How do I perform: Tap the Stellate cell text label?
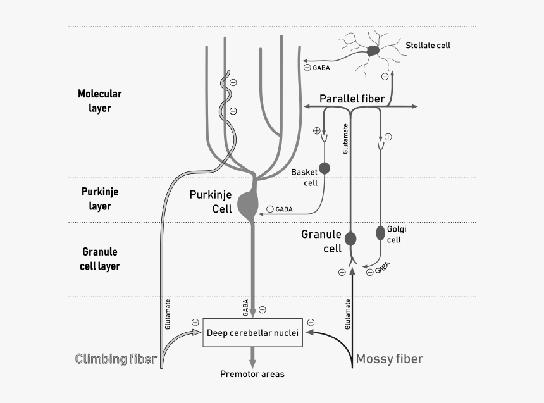pos(428,46)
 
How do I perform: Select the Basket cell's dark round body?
pos(325,168)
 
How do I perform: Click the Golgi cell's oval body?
pos(381,233)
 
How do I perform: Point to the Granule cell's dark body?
pos(350,239)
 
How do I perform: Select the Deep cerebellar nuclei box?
pos(252,333)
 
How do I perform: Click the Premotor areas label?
pos(252,374)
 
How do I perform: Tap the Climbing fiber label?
pos(116,359)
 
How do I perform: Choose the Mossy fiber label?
pos(389,359)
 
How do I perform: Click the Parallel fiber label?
pos(351,99)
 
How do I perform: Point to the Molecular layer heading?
pos(99,101)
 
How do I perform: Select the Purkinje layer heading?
pos(99,199)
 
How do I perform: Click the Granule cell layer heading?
pos(99,259)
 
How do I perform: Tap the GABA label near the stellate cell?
pos(321,68)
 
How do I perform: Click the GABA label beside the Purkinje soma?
pos(284,209)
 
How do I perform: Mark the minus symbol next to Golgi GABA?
pos(369,272)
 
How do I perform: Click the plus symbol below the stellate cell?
pos(385,77)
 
